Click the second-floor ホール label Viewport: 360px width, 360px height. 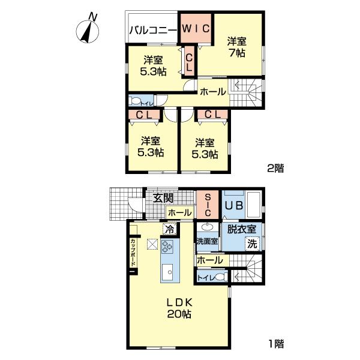pos(212,92)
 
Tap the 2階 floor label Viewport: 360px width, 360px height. pos(275,169)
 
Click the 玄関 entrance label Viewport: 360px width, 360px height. pos(162,199)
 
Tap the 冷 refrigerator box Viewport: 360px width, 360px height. pos(169,229)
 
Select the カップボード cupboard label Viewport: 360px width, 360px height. pos(133,253)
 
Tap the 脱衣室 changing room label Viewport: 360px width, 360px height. pos(241,229)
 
